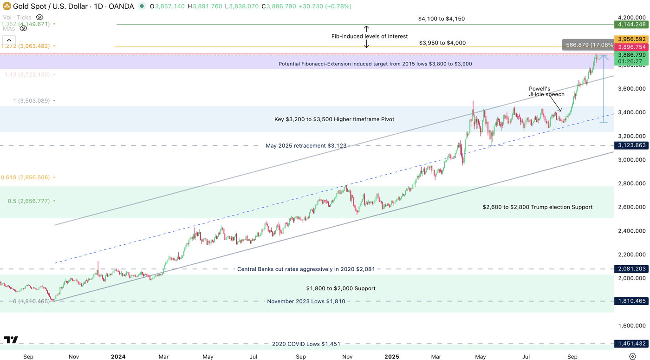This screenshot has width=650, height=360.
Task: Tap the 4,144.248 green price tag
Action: pyautogui.click(x=630, y=24)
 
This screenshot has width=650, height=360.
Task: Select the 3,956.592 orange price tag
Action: pyautogui.click(x=630, y=39)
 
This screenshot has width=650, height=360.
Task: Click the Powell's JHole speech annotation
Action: pyautogui.click(x=546, y=92)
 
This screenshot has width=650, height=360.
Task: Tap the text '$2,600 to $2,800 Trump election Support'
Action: pyautogui.click(x=537, y=207)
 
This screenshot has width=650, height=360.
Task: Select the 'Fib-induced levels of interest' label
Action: pyautogui.click(x=370, y=36)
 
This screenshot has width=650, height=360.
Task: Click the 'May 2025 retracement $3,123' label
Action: pyautogui.click(x=306, y=146)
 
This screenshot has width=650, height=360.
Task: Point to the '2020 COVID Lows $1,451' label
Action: pyautogui.click(x=306, y=344)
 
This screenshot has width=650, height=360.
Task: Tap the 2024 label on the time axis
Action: pyautogui.click(x=118, y=357)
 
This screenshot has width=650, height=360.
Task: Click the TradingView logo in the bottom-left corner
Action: pyautogui.click(x=11, y=340)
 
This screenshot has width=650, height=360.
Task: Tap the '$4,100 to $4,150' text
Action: pyautogui.click(x=441, y=19)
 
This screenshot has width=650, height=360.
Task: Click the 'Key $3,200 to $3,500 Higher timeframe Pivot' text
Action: pyautogui.click(x=334, y=119)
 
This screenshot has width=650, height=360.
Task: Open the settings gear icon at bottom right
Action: pyautogui.click(x=632, y=356)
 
